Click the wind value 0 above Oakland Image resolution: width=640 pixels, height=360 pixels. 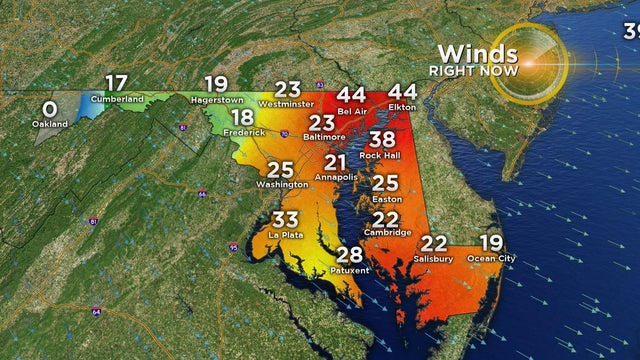pos(48,108)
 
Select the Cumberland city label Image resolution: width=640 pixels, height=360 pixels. pos(116,100)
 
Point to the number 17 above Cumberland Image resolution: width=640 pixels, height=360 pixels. pos(116,84)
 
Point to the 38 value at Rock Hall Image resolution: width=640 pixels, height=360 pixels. pos(382,139)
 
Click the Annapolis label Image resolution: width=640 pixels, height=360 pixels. pos(335,176)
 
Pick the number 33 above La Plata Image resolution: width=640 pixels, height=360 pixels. pos(286,219)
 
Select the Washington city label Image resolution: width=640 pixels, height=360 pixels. pos(280,185)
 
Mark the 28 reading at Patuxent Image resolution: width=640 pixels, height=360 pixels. pos(349,254)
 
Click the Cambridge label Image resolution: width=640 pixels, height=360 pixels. pos(386,233)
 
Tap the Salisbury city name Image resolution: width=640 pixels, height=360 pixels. pos(433,259)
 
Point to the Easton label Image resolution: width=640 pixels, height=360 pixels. pos(386,198)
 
